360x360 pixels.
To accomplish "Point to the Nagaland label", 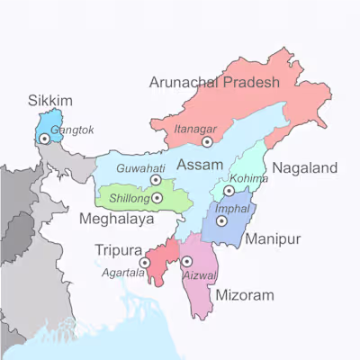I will (x=304, y=168).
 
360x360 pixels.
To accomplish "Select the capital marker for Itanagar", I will (x=207, y=141).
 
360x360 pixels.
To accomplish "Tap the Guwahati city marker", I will (x=156, y=181).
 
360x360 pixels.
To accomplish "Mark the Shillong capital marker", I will (x=157, y=197).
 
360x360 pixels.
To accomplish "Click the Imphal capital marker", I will (x=221, y=220).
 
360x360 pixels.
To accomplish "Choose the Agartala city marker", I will (x=145, y=263).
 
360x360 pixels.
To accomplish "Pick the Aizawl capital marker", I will (x=187, y=261).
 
